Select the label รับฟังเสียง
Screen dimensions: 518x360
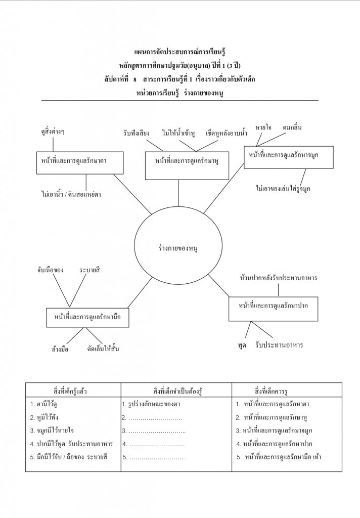point(137,133)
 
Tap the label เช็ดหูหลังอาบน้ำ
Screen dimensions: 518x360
point(226,133)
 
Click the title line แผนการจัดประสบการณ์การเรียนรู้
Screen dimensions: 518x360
point(180,52)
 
